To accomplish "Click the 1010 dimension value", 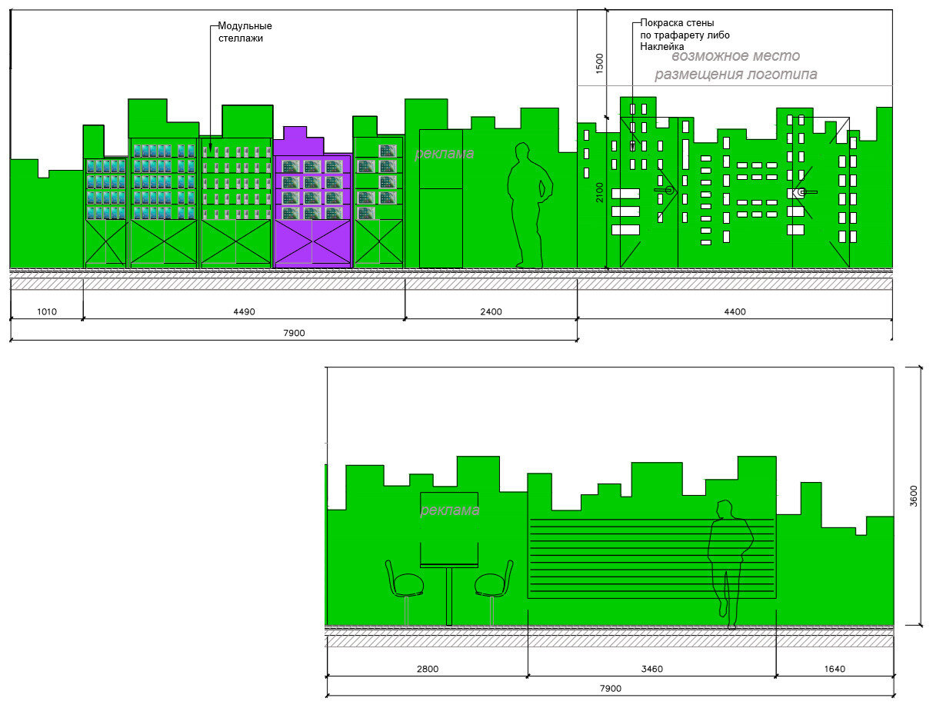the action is point(47,312).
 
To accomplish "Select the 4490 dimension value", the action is point(244,312).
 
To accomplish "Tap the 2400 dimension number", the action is point(491,312).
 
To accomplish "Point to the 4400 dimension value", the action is point(735,312).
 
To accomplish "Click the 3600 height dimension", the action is point(914,496).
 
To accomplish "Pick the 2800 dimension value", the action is point(427,669).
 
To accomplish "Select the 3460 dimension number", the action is point(651,669).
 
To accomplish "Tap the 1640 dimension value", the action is point(835,669).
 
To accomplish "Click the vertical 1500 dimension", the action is point(599,64).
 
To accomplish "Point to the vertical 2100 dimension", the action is point(599,192).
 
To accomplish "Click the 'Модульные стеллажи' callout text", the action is point(245,32).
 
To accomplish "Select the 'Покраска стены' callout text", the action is point(677,23).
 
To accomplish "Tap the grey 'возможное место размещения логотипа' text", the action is point(736,65).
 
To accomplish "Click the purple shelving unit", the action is point(313,197).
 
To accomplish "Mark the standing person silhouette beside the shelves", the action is point(530,205).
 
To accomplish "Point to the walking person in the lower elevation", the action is point(730,564).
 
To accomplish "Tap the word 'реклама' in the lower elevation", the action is point(450,510).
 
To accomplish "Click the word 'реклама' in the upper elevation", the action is point(444,153).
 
